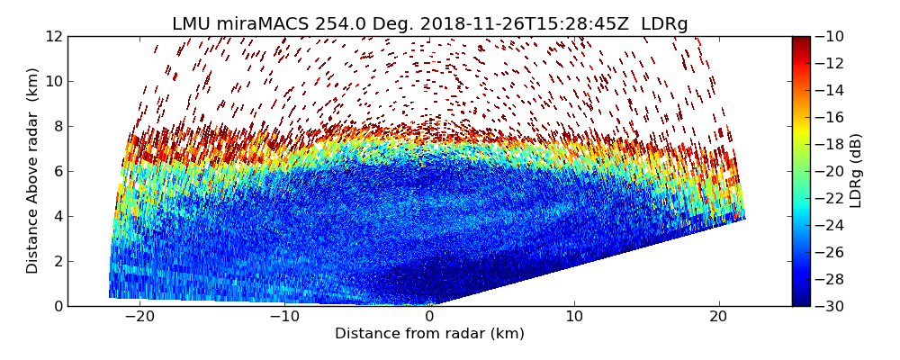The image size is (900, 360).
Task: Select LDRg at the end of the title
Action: (664, 24)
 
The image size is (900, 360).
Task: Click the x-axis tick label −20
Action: (139, 318)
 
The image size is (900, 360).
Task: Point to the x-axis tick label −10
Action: (284, 318)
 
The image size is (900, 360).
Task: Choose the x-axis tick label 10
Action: (574, 318)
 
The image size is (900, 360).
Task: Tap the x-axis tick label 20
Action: (718, 318)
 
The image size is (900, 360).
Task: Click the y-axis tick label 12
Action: (53, 36)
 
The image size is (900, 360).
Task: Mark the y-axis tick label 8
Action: (57, 126)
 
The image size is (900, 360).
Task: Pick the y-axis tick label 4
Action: (57, 216)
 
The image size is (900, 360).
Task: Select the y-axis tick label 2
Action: (57, 261)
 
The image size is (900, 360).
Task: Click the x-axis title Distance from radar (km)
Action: (429, 334)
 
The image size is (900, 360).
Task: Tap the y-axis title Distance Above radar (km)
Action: (33, 171)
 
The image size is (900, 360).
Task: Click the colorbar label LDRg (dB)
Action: (856, 171)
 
